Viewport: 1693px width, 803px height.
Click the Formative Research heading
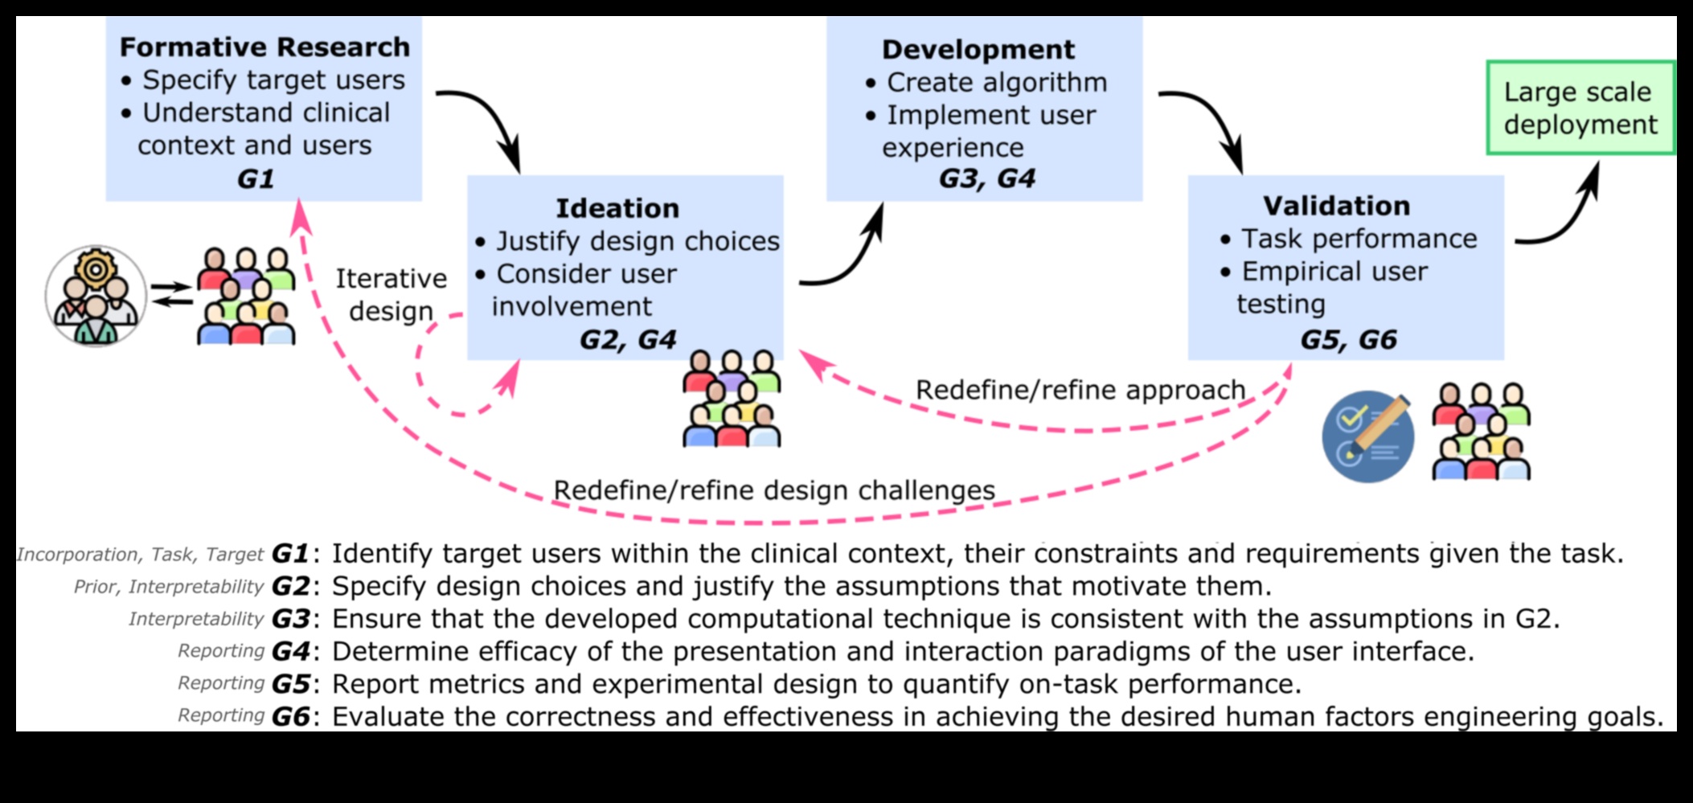(x=264, y=47)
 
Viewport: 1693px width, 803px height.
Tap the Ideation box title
(x=617, y=208)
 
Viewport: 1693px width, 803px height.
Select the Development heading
(x=978, y=50)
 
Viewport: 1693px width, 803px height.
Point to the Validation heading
(x=1336, y=206)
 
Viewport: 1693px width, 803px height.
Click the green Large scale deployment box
(x=1580, y=108)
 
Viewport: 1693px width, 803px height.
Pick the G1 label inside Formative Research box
(x=256, y=178)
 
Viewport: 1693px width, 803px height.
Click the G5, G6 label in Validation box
(x=1348, y=339)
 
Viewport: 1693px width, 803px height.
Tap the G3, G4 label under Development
(x=986, y=178)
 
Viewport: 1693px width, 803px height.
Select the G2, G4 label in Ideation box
(x=627, y=339)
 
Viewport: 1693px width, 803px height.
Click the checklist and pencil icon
(x=1367, y=436)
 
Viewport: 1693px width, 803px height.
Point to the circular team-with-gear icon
(x=96, y=296)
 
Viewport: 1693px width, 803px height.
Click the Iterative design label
(x=391, y=294)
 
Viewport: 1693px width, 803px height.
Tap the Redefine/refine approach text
(x=1080, y=390)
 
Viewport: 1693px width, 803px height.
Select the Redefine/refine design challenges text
(x=773, y=490)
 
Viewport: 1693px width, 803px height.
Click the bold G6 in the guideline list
(x=290, y=716)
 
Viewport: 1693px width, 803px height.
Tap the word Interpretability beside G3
(x=195, y=619)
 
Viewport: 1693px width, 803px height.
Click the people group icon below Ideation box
(x=732, y=399)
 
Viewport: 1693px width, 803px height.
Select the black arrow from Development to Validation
(x=1212, y=121)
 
